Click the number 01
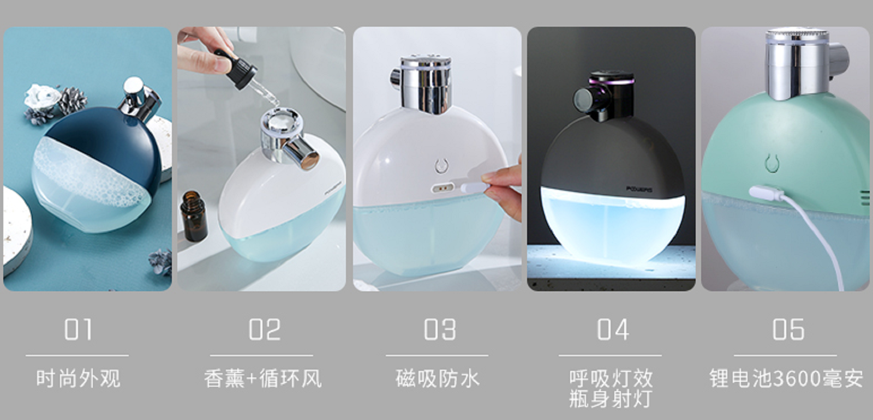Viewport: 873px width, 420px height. [77, 330]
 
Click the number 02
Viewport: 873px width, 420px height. [265, 330]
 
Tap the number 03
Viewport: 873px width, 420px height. [440, 330]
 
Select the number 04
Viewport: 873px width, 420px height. [613, 330]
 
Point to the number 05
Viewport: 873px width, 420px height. [788, 330]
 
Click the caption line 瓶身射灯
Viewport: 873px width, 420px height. [611, 399]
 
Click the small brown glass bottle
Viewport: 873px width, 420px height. [194, 216]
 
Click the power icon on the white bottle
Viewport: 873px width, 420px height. [441, 166]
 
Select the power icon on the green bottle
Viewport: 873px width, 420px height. [771, 163]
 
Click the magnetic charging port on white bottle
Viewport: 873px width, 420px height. [443, 188]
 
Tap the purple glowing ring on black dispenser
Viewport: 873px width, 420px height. [612, 82]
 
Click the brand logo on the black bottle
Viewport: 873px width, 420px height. [638, 189]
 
